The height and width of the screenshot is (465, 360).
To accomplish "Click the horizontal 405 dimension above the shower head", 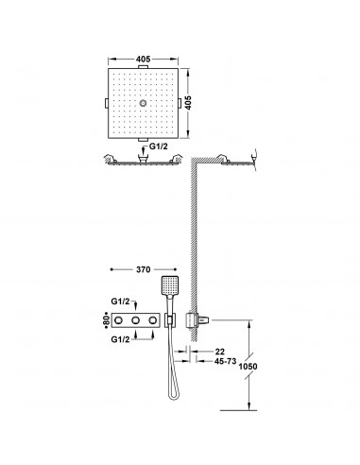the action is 144,59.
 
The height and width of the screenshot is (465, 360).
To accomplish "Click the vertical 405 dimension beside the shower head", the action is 188,103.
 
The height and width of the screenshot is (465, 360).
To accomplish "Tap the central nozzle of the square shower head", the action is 144,103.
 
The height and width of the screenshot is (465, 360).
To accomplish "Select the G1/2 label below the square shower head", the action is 159,146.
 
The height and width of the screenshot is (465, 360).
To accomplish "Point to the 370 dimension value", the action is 144,269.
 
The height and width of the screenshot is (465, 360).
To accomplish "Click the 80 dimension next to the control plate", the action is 107,320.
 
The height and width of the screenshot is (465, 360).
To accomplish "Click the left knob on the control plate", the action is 118,320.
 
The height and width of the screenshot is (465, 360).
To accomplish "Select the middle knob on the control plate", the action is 135,320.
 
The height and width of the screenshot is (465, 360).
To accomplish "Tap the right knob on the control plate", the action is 153,320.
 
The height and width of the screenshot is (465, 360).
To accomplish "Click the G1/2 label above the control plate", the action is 120,301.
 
